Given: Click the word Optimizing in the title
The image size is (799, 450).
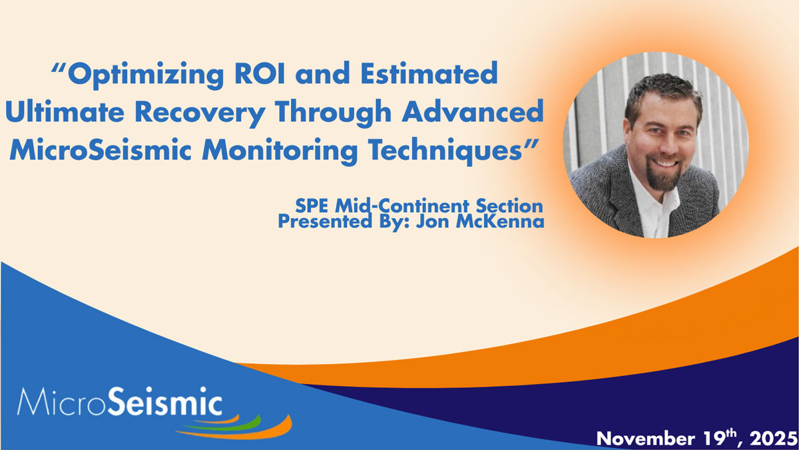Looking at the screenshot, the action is [x=146, y=75].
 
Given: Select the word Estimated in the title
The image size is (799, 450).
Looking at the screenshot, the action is [x=429, y=73].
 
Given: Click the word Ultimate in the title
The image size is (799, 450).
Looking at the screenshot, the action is [x=65, y=111].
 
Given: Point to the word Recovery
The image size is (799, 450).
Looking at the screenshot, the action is [x=200, y=113].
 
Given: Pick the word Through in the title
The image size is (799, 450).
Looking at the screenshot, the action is [x=333, y=113].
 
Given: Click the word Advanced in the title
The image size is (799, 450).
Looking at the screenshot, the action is [x=473, y=111].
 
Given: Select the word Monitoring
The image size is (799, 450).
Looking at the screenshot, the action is [x=280, y=152].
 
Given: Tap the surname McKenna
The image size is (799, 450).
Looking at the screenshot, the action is [x=500, y=221].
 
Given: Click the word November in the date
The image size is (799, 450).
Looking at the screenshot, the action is [x=646, y=439].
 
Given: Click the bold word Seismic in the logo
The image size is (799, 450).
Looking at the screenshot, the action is [x=165, y=402].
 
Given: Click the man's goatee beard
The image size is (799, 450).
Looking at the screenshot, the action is [x=663, y=176].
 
